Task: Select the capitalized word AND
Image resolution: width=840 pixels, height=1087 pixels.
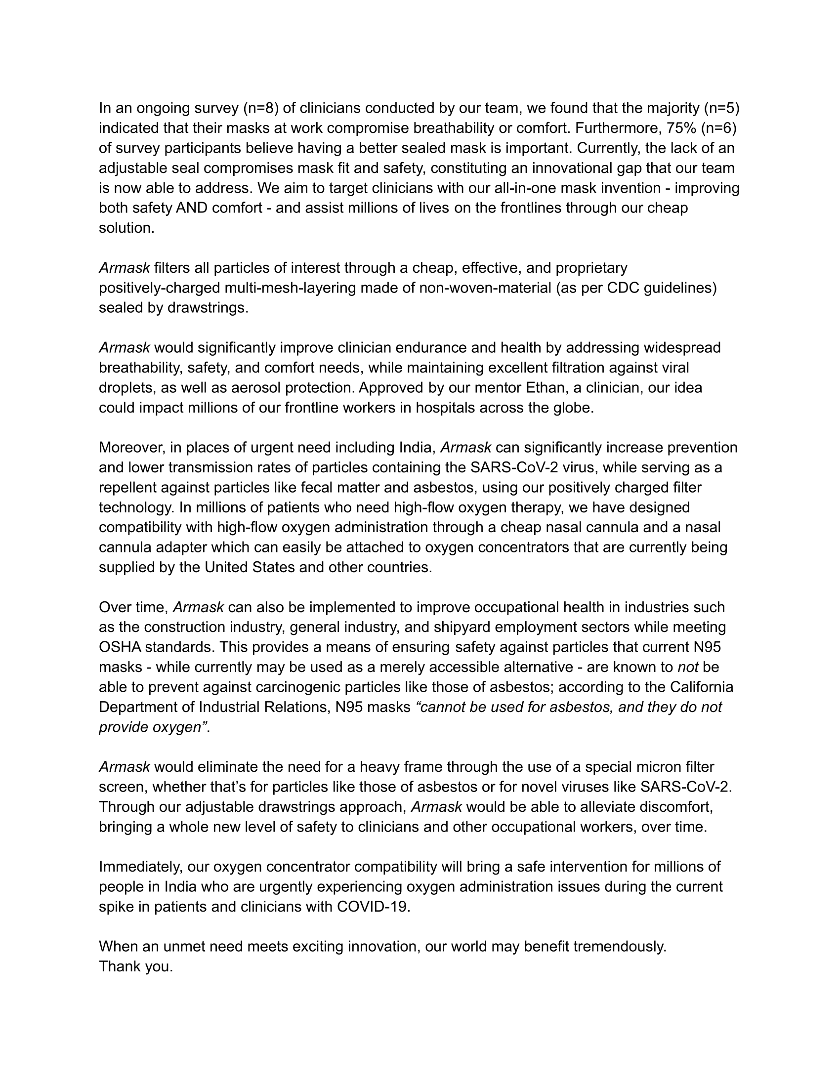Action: pos(192,208)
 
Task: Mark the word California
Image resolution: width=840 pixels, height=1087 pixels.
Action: pos(702,687)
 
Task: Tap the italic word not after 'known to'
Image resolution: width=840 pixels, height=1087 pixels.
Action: pos(688,667)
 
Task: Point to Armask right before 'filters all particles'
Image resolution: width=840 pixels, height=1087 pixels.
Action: pos(125,268)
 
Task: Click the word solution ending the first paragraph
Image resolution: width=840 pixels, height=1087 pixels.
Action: pos(126,228)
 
